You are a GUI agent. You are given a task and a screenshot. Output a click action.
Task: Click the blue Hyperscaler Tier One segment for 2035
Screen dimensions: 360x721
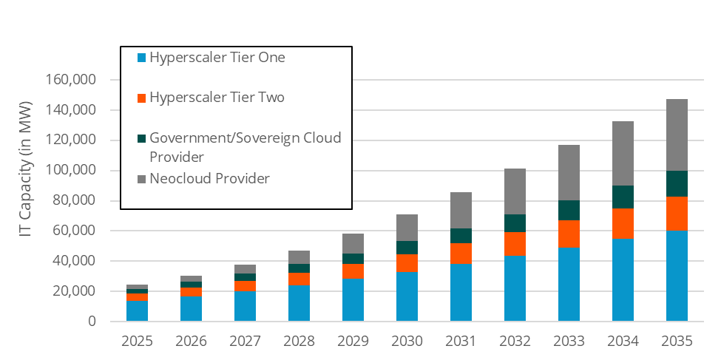pyautogui.click(x=677, y=276)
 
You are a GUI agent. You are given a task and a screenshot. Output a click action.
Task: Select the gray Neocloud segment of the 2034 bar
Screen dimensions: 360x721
pyautogui.click(x=623, y=153)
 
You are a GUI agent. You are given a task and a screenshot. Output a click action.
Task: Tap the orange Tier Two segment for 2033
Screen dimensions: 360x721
pyautogui.click(x=569, y=234)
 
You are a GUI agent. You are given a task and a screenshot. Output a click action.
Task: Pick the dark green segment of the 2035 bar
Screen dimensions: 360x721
pyautogui.click(x=677, y=183)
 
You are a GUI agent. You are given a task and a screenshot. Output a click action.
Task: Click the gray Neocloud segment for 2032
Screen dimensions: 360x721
pyautogui.click(x=515, y=191)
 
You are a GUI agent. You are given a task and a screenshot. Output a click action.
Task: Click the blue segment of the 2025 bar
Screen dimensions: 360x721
pyautogui.click(x=137, y=311)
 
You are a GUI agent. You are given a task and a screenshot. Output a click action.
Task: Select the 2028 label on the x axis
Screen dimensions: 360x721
pyautogui.click(x=299, y=341)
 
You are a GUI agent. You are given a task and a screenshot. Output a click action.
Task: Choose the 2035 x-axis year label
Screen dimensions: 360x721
pyautogui.click(x=677, y=341)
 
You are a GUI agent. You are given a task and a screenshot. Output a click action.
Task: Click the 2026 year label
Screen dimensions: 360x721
pyautogui.click(x=191, y=341)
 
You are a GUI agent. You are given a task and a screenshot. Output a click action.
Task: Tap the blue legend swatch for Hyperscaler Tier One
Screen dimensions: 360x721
pyautogui.click(x=141, y=57)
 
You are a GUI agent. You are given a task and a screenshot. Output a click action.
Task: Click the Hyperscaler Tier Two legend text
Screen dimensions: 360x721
pyautogui.click(x=217, y=98)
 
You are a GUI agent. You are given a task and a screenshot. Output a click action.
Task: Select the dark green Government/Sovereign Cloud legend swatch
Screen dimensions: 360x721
pyautogui.click(x=141, y=138)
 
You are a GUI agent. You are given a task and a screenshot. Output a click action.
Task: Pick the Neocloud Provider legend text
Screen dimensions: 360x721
pyautogui.click(x=209, y=178)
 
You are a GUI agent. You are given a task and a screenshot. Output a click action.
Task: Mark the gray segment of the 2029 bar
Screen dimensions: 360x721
pyautogui.click(x=353, y=243)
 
